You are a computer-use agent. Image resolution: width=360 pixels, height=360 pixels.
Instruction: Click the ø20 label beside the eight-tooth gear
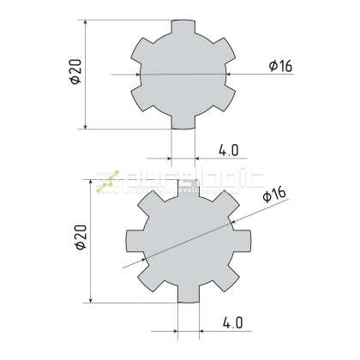click(80, 237)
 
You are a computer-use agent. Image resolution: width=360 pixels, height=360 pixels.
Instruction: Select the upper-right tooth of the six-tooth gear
click(225, 51)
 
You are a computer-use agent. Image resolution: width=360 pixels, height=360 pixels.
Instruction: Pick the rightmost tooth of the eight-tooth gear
click(243, 242)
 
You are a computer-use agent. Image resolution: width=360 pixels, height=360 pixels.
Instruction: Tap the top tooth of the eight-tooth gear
click(189, 187)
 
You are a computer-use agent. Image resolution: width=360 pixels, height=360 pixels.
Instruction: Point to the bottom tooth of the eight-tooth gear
click(189, 296)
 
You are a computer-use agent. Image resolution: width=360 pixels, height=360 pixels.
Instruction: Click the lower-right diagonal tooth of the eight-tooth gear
click(228, 280)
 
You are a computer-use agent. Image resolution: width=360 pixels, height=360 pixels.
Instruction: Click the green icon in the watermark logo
click(106, 181)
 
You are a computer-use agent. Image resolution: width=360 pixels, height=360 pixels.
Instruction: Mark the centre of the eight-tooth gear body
click(189, 242)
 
